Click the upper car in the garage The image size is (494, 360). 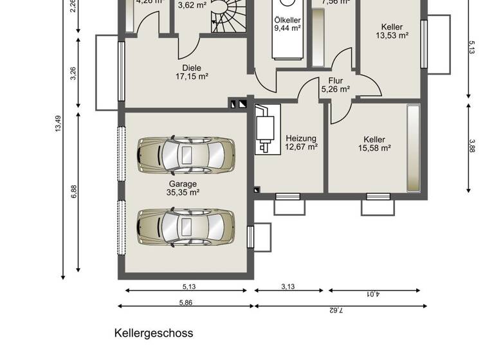click(x=185, y=155)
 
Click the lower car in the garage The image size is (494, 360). click(x=185, y=227)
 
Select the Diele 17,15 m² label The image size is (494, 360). click(x=192, y=71)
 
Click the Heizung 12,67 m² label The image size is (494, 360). click(x=301, y=142)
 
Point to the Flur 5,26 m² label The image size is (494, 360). click(x=335, y=85)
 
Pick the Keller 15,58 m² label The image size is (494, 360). click(x=374, y=143)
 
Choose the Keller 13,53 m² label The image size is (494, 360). click(x=392, y=32)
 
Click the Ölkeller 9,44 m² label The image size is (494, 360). click(x=288, y=24)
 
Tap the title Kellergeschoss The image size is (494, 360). click(x=154, y=333)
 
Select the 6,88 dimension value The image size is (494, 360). click(x=74, y=192)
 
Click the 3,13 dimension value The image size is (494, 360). click(x=288, y=287)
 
